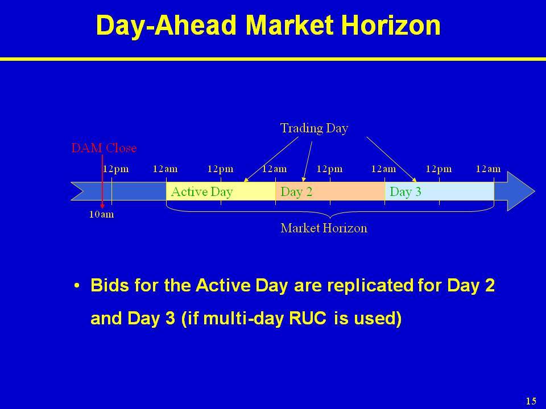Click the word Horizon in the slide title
(391, 25)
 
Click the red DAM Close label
(104, 148)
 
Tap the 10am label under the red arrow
(101, 214)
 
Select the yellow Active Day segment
(221, 191)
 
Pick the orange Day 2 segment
(330, 191)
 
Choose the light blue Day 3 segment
(440, 191)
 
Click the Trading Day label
(314, 128)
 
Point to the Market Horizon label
(324, 228)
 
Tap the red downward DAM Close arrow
(102, 182)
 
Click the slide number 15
(531, 400)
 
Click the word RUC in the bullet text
(308, 318)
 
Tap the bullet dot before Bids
(77, 286)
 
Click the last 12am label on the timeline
(488, 169)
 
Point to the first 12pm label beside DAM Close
(115, 169)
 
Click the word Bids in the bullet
(110, 285)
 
